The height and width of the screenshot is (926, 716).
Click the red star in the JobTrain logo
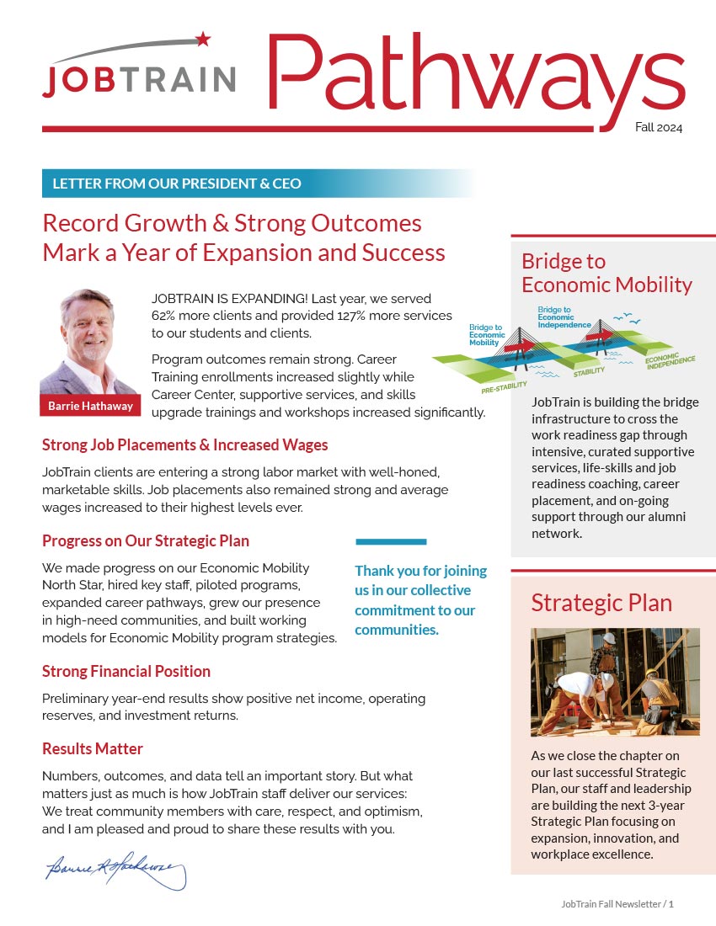pos(202,39)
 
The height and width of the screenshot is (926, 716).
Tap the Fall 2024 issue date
pos(659,128)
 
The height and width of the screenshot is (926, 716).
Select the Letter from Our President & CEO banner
pos(177,184)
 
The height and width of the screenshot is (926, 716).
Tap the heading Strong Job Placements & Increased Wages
pos(184,444)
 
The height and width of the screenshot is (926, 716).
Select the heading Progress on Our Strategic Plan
pos(146,540)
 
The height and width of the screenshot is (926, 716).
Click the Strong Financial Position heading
pos(126,671)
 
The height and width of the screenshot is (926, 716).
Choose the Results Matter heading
pos(93,748)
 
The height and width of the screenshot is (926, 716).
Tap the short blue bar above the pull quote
pos(391,541)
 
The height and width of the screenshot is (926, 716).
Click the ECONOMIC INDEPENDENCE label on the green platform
pos(671,361)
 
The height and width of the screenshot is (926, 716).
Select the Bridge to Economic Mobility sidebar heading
pos(606,273)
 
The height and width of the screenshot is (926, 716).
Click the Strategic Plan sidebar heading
pos(601,603)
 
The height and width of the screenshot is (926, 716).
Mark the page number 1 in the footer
pos(671,904)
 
